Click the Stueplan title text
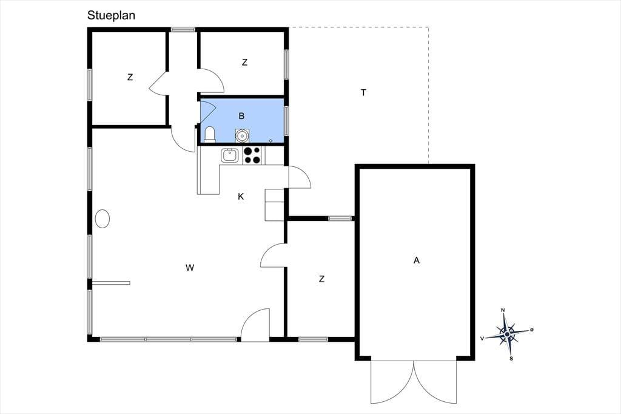(112, 15)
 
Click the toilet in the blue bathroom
(209, 134)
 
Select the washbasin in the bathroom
(241, 135)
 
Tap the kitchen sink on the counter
(229, 155)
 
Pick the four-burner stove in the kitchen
(252, 155)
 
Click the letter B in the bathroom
(241, 116)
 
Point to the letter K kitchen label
(241, 196)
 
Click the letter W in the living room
(190, 268)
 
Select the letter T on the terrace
(364, 92)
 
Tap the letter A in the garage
(416, 260)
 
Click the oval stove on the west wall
(102, 219)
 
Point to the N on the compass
(503, 310)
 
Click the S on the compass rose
(511, 359)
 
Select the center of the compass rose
(508, 334)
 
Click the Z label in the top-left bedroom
(130, 77)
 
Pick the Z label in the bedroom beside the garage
(321, 279)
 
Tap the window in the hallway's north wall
(183, 29)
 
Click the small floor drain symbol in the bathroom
(271, 140)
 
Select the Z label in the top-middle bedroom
(245, 63)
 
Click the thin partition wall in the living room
(112, 283)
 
